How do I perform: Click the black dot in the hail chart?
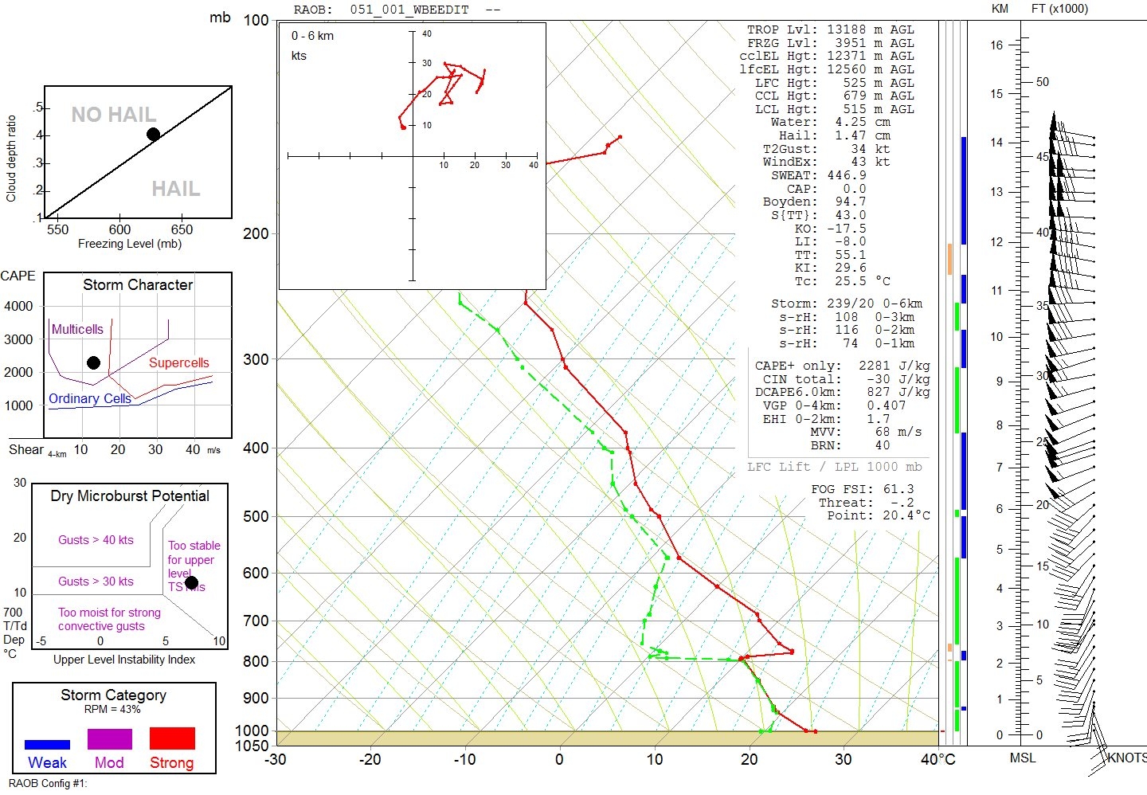tap(153, 134)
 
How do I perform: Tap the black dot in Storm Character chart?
tap(93, 362)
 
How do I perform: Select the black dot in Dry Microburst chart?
tap(191, 582)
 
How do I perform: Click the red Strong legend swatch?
tap(172, 738)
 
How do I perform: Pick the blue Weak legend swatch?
tap(47, 745)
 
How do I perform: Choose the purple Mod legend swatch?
tap(110, 738)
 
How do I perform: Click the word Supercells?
tap(178, 362)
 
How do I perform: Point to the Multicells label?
tap(77, 329)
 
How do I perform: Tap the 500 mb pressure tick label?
tap(256, 516)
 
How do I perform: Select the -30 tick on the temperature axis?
tap(275, 759)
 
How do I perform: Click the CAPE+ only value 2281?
tap(874, 366)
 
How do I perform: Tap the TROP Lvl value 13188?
tap(846, 29)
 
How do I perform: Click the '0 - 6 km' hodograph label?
tap(312, 36)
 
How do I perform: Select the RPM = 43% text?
tap(112, 709)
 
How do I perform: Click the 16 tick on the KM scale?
tap(997, 45)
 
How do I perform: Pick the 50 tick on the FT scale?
tap(1043, 82)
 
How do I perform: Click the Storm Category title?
tap(113, 695)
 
